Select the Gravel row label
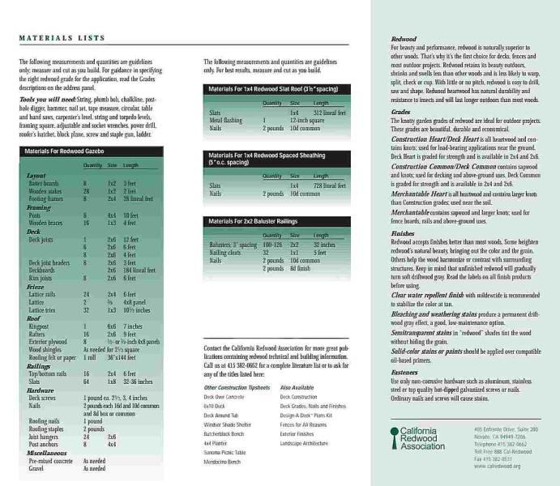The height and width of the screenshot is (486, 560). point(36,467)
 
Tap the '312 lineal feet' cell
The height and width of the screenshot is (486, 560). point(329,113)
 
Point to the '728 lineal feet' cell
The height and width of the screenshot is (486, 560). point(329,185)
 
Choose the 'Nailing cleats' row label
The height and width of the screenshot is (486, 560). point(225,252)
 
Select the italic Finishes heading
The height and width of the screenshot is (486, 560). point(403,233)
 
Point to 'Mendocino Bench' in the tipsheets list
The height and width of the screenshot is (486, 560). point(220,462)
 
